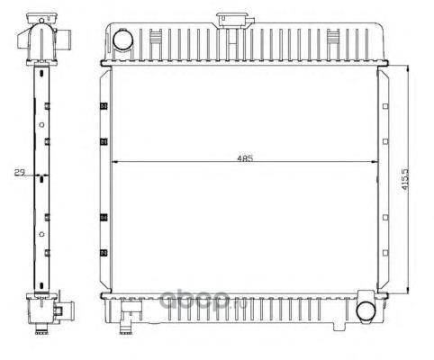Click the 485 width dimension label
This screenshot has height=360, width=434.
[x=245, y=158]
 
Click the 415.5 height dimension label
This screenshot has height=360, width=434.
[x=405, y=179]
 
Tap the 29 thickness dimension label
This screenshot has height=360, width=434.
[x=20, y=172]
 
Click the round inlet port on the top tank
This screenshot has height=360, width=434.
[x=122, y=39]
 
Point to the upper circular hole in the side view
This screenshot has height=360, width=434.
[x=42, y=125]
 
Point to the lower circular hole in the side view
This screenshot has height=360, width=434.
[x=42, y=234]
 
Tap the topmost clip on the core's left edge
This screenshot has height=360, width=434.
[x=104, y=106]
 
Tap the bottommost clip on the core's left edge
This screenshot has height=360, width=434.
[x=104, y=253]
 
